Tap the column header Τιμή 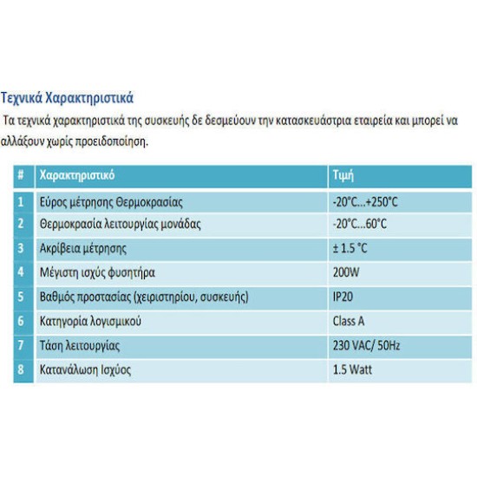pyautogui.click(x=344, y=174)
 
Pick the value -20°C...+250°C pyautogui.click(x=364, y=202)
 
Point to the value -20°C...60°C pyautogui.click(x=359, y=224)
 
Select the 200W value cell pyautogui.click(x=345, y=272)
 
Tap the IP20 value pyautogui.click(x=343, y=297)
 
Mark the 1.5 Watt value pyautogui.click(x=351, y=369)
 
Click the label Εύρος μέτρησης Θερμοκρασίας pyautogui.click(x=111, y=202)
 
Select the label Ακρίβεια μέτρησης pyautogui.click(x=83, y=248)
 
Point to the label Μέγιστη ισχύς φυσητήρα pyautogui.click(x=98, y=272)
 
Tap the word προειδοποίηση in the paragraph pyautogui.click(x=109, y=140)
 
